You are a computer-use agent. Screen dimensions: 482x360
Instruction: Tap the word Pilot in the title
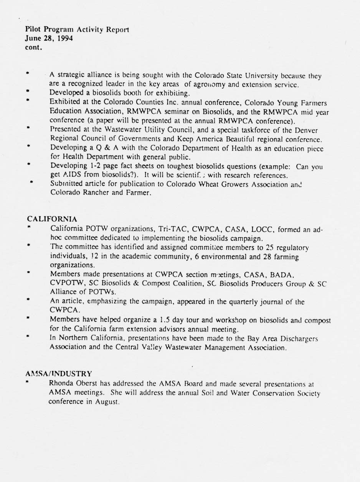click(x=33, y=29)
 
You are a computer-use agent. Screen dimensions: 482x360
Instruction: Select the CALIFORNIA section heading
click(x=52, y=219)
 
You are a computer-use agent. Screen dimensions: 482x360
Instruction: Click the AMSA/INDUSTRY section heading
click(x=59, y=373)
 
